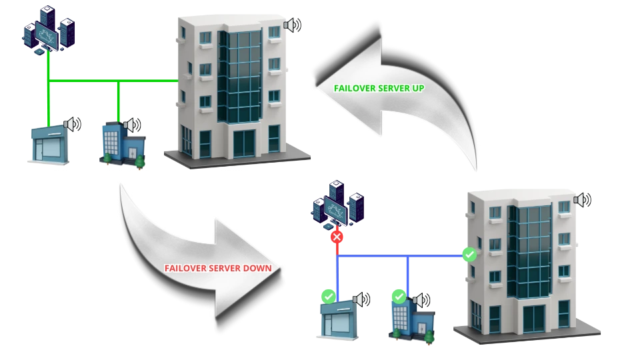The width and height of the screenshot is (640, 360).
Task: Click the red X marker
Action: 337,236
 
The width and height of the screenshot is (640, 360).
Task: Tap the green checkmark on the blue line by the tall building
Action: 469,254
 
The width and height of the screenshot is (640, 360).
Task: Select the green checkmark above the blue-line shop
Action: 328,295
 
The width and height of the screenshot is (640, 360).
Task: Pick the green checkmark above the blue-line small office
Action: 399,295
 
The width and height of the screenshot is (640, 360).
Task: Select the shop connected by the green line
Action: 49,142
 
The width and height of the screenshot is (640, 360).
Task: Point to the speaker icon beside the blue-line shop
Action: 360,301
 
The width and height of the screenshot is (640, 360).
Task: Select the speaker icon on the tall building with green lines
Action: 290,25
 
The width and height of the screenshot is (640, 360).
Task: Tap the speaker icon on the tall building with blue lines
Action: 580,199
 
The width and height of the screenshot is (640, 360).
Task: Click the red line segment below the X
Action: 337,248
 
